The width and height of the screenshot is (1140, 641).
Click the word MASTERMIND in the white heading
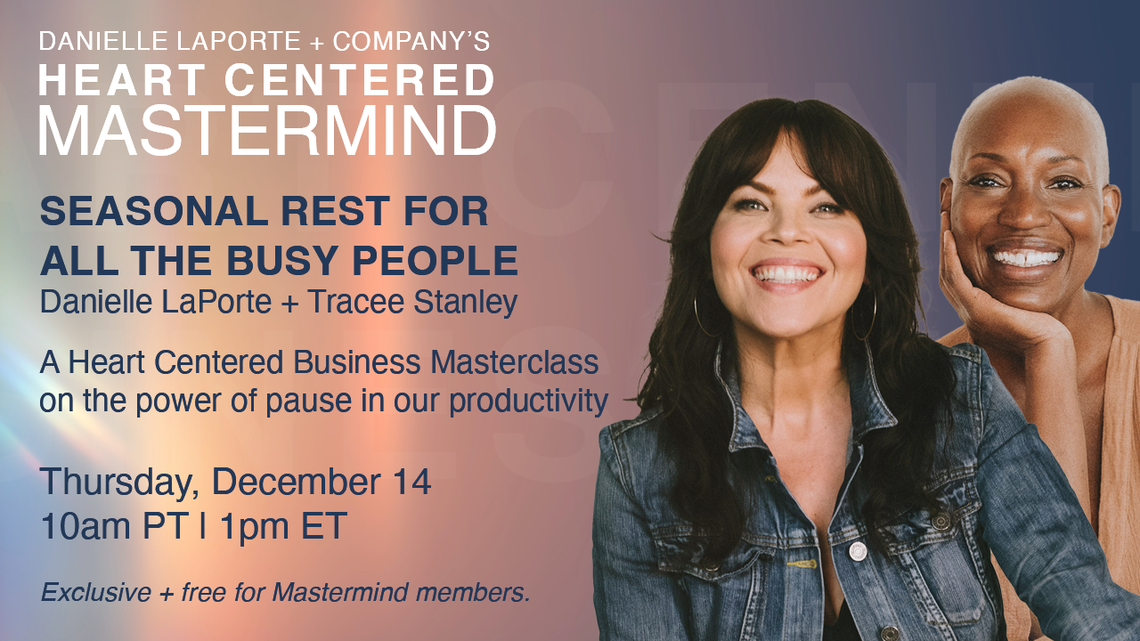click(268, 130)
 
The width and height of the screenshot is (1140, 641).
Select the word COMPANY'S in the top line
click(411, 41)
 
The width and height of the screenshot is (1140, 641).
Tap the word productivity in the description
click(529, 402)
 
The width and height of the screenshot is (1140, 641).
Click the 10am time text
click(87, 526)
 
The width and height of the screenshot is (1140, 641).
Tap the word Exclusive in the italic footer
click(96, 592)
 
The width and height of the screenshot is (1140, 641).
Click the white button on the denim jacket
click(856, 550)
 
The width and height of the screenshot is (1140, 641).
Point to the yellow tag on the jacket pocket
click(802, 564)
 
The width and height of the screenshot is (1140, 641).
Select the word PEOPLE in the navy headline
click(436, 261)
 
